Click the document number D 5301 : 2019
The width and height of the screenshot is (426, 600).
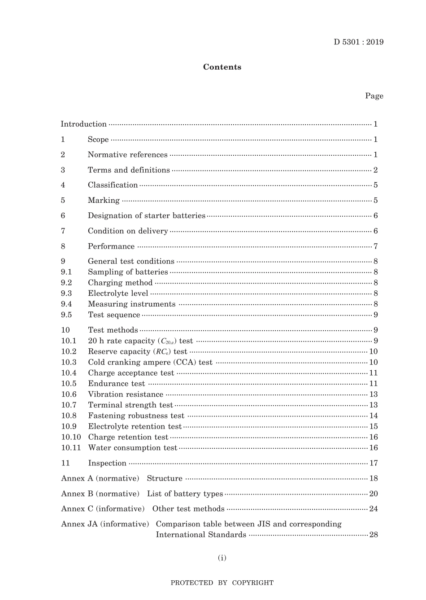point(358,42)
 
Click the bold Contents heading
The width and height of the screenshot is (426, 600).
point(222,67)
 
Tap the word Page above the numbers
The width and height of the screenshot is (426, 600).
point(374,96)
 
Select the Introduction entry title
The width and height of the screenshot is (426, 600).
point(84,124)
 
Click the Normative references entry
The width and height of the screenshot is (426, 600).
point(127,155)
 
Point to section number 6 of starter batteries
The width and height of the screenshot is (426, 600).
point(63,216)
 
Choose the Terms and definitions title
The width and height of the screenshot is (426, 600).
point(129,170)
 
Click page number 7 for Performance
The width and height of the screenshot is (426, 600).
point(375,246)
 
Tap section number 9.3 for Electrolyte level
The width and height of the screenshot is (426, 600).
point(66,293)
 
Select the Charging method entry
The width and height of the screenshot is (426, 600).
point(120,283)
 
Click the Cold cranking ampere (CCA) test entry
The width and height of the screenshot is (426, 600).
point(150,363)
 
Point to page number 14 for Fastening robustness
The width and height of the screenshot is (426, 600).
point(374,416)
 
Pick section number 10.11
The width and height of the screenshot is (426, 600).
point(71,448)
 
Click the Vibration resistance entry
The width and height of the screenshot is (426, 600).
point(126,394)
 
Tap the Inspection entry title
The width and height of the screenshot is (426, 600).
point(107,463)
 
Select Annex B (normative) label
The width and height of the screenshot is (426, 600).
point(100,494)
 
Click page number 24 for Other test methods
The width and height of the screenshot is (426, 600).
point(374,509)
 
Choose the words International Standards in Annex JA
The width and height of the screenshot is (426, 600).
point(201,535)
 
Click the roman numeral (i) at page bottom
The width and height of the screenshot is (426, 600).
point(222,558)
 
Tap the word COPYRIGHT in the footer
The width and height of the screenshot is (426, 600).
point(252,583)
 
